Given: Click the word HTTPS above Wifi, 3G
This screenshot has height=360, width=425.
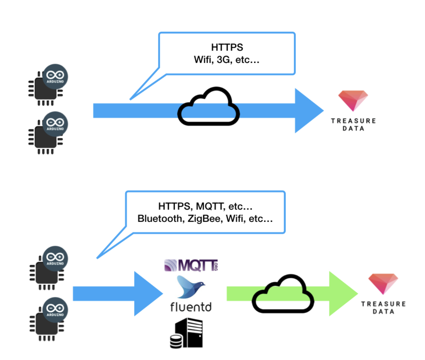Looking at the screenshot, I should [227, 47].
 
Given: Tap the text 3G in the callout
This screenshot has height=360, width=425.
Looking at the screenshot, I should [223, 60].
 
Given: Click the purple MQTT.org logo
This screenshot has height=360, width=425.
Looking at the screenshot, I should [191, 265].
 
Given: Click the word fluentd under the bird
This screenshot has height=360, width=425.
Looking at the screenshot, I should [191, 307].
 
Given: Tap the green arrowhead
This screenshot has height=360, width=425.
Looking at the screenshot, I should [342, 294].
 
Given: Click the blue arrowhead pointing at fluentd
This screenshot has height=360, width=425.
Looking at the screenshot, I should [147, 294].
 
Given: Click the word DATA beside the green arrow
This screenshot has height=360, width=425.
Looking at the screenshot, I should [383, 312].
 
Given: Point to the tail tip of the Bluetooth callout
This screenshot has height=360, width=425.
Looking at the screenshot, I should [97, 258].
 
